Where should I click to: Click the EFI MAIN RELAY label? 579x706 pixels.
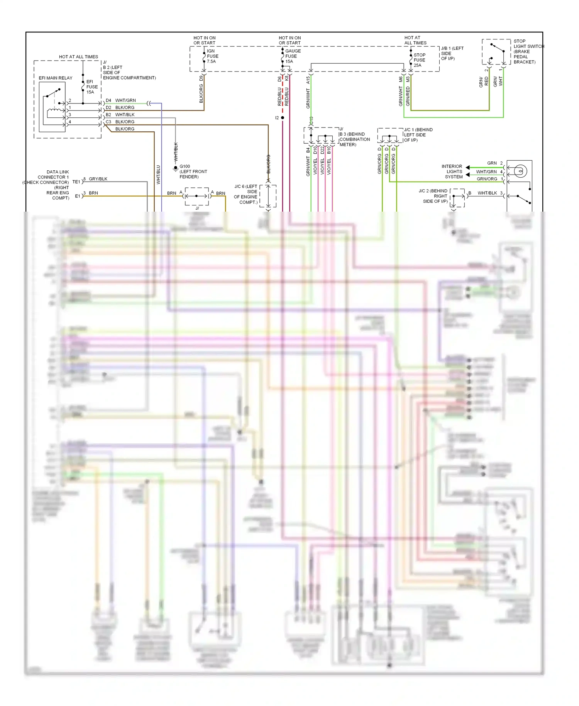click(x=56, y=78)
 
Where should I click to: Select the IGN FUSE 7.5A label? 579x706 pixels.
click(x=212, y=56)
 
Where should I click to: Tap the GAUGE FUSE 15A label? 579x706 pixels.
click(x=293, y=56)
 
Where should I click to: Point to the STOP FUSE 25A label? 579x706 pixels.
click(x=419, y=60)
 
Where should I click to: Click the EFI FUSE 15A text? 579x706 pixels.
click(x=92, y=87)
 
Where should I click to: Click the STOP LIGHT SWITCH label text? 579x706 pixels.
click(x=528, y=51)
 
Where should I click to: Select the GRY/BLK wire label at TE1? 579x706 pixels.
click(x=98, y=179)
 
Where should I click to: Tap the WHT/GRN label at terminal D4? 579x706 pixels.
click(x=125, y=100)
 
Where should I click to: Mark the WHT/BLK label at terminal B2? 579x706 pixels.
click(x=125, y=115)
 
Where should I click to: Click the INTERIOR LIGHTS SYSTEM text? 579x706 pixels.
click(x=452, y=171)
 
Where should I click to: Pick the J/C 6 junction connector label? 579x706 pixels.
click(x=246, y=194)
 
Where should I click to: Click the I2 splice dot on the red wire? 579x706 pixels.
click(x=283, y=118)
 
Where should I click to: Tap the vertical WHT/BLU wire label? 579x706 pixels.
click(x=158, y=175)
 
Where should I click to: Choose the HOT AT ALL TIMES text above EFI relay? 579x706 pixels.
click(x=78, y=57)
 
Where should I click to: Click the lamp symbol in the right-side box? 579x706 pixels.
click(x=520, y=170)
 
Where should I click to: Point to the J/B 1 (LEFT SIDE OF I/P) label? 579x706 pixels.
click(x=452, y=53)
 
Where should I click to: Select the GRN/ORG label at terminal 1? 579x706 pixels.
click(x=487, y=179)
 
